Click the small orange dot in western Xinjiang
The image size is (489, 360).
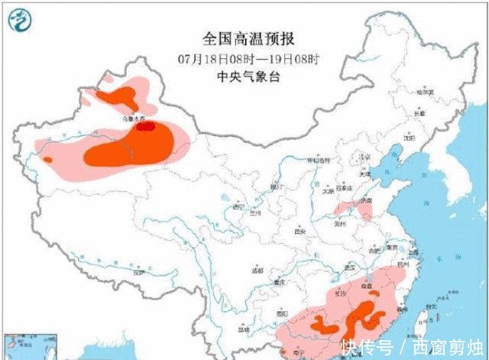coord(47,160)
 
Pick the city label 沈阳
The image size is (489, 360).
coord(410,138)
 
